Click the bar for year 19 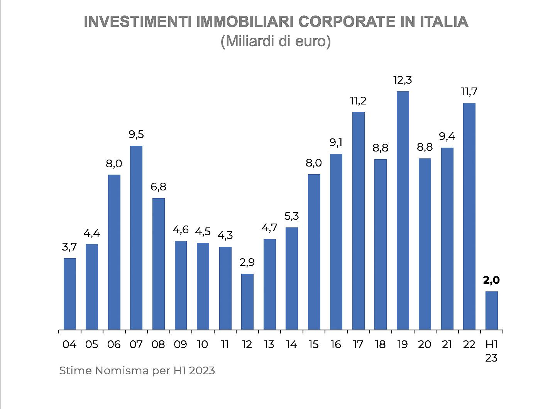[403, 210]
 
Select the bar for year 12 [247, 301]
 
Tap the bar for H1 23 [491, 310]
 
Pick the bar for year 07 [136, 237]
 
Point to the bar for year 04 [69, 294]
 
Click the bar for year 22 [469, 216]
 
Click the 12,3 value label [403, 80]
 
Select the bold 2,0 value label [491, 280]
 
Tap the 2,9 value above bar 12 [247, 263]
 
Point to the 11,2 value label [358, 101]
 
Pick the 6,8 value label [158, 187]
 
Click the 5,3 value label [291, 216]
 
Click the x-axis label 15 [314, 344]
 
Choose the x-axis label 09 [180, 344]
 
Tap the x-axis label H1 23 [491, 351]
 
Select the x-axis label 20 [425, 344]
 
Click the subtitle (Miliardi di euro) [276, 41]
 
